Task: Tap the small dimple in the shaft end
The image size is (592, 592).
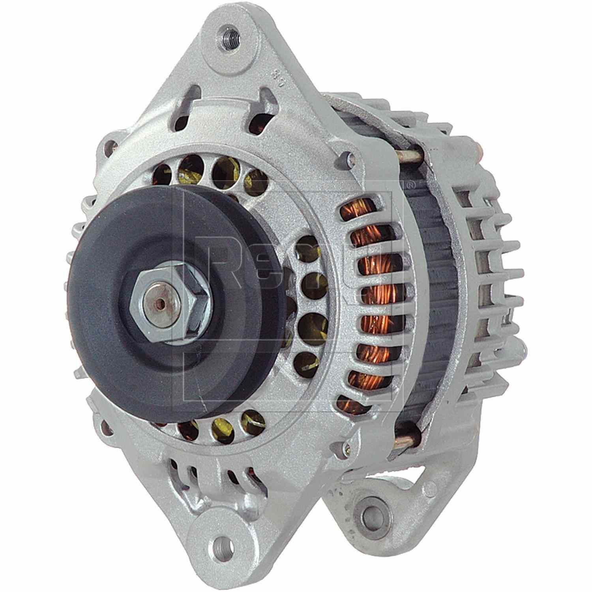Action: point(161,303)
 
